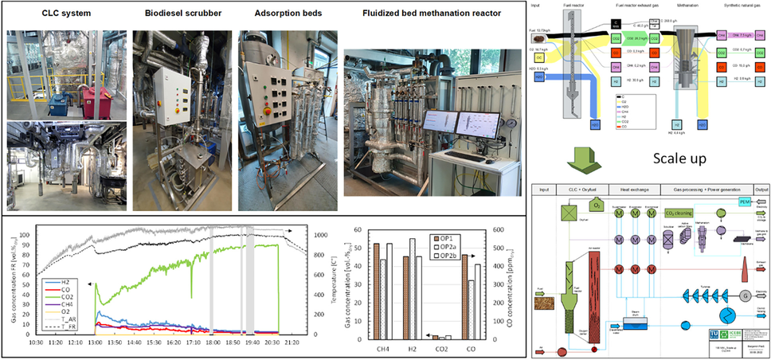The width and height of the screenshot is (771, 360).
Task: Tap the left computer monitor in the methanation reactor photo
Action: tap(440, 123)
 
